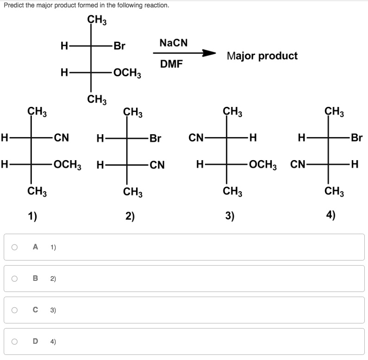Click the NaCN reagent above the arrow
[174, 43]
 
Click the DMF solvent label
[171, 64]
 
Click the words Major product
[262, 56]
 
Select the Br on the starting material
[119, 46]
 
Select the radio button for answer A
[15, 247]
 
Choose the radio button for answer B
[15, 279]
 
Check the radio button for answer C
[15, 310]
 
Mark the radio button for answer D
[15, 341]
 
